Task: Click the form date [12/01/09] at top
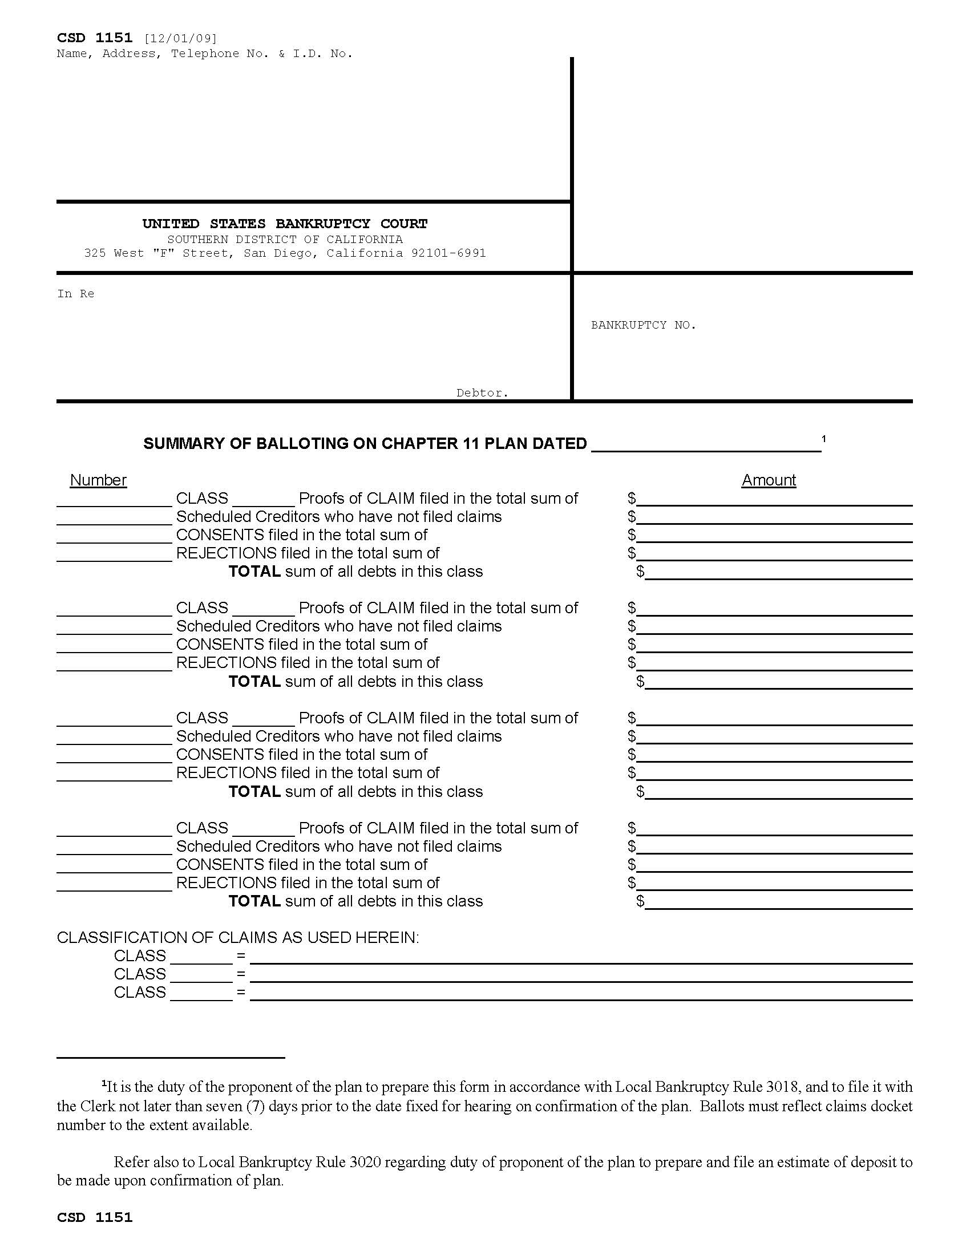tap(180, 38)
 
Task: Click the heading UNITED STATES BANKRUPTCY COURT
tap(285, 224)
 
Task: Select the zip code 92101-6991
tap(448, 253)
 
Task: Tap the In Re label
tap(75, 294)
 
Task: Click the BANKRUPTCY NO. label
tap(643, 325)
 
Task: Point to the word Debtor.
tap(482, 393)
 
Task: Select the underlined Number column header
tap(98, 480)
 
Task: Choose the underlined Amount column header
tap(769, 480)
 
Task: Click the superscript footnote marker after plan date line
tap(823, 439)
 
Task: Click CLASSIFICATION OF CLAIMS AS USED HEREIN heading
tap(238, 938)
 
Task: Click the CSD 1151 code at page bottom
tap(95, 1218)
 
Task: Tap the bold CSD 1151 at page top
tap(95, 38)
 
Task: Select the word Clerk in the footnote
tap(96, 1106)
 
